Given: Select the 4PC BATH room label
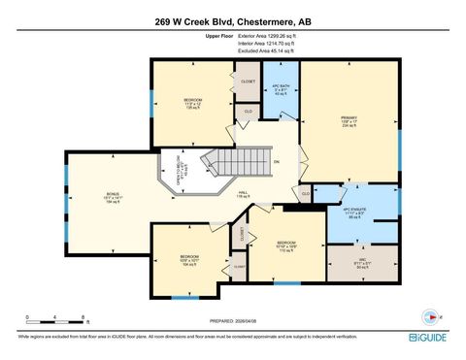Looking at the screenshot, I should click(281, 90).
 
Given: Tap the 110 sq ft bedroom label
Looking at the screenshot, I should click(285, 245).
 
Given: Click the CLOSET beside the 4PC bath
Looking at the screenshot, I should click(248, 82).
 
